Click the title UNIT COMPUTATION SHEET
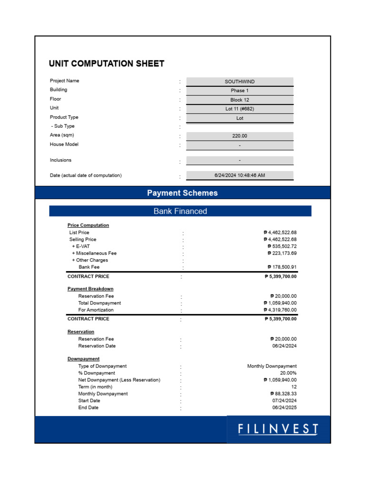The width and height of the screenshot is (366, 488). point(107,63)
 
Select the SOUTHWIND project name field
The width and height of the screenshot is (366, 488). point(240,81)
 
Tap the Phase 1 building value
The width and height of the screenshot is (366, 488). point(240,91)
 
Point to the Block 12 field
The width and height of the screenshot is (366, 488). point(240,100)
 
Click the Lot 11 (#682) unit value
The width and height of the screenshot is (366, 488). point(240,109)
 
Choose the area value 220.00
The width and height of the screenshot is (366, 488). point(240,136)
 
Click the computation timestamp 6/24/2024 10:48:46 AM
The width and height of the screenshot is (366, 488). point(240,175)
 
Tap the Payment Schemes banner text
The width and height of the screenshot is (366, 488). point(183,193)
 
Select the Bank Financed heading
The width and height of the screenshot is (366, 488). point(180,211)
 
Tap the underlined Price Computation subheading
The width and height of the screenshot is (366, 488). point(88,225)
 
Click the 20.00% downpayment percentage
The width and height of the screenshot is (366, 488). point(288,373)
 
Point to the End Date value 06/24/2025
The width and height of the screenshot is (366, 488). point(284,407)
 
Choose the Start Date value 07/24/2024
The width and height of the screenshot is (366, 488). point(284,401)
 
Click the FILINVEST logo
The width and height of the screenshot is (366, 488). point(278,429)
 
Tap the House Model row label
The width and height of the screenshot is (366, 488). point(64,144)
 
